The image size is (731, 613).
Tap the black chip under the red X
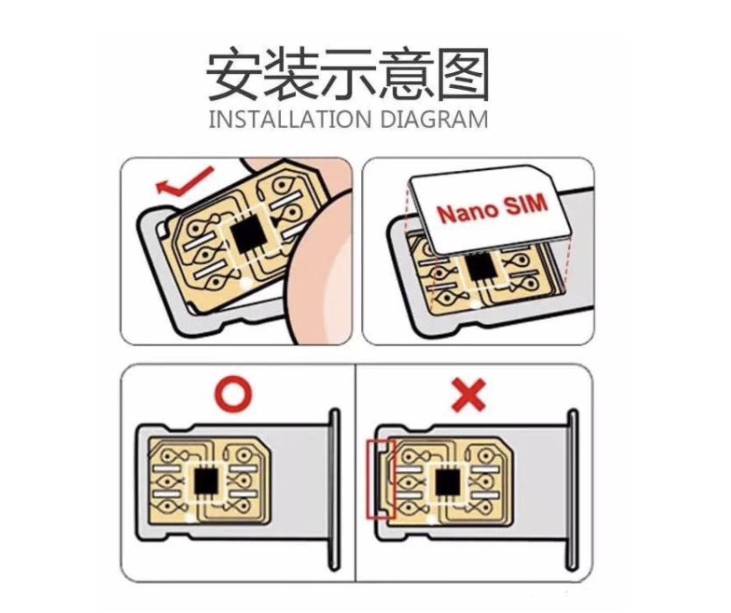[447, 482]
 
